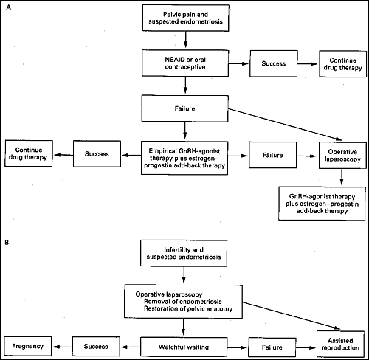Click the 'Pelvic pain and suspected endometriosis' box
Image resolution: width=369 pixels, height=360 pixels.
pyautogui.click(x=186, y=18)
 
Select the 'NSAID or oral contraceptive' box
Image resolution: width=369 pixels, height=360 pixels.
pyautogui.click(x=185, y=63)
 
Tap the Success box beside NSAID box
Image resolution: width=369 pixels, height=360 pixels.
pyautogui.click(x=274, y=63)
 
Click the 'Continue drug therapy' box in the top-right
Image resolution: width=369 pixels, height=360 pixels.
pyautogui.click(x=342, y=64)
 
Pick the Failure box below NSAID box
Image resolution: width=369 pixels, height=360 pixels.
pyautogui.click(x=184, y=108)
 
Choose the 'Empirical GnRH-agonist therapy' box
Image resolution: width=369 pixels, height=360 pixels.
pyautogui.click(x=184, y=158)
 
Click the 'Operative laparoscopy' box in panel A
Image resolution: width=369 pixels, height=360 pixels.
pyautogui.click(x=342, y=156)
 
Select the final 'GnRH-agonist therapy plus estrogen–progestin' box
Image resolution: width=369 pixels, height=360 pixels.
pyautogui.click(x=322, y=204)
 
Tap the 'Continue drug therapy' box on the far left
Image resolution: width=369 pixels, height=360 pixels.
pyautogui.click(x=29, y=153)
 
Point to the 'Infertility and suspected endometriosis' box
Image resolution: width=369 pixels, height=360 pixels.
pyautogui.click(x=184, y=253)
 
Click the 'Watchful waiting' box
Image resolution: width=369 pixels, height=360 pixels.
pyautogui.click(x=184, y=347)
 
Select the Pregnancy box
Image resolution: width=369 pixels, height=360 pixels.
pyautogui.click(x=28, y=346)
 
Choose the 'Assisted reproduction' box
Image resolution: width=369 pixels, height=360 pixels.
pyautogui.click(x=340, y=344)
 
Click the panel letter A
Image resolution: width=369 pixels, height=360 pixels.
pyautogui.click(x=9, y=7)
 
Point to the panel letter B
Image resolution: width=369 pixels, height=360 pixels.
pyautogui.click(x=7, y=243)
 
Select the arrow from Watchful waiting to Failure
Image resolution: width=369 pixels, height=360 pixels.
pyautogui.click(x=238, y=347)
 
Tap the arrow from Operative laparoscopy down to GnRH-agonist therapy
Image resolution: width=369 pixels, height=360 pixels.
pyautogui.click(x=342, y=177)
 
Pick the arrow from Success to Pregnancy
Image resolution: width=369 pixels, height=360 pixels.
pyautogui.click(x=63, y=347)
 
